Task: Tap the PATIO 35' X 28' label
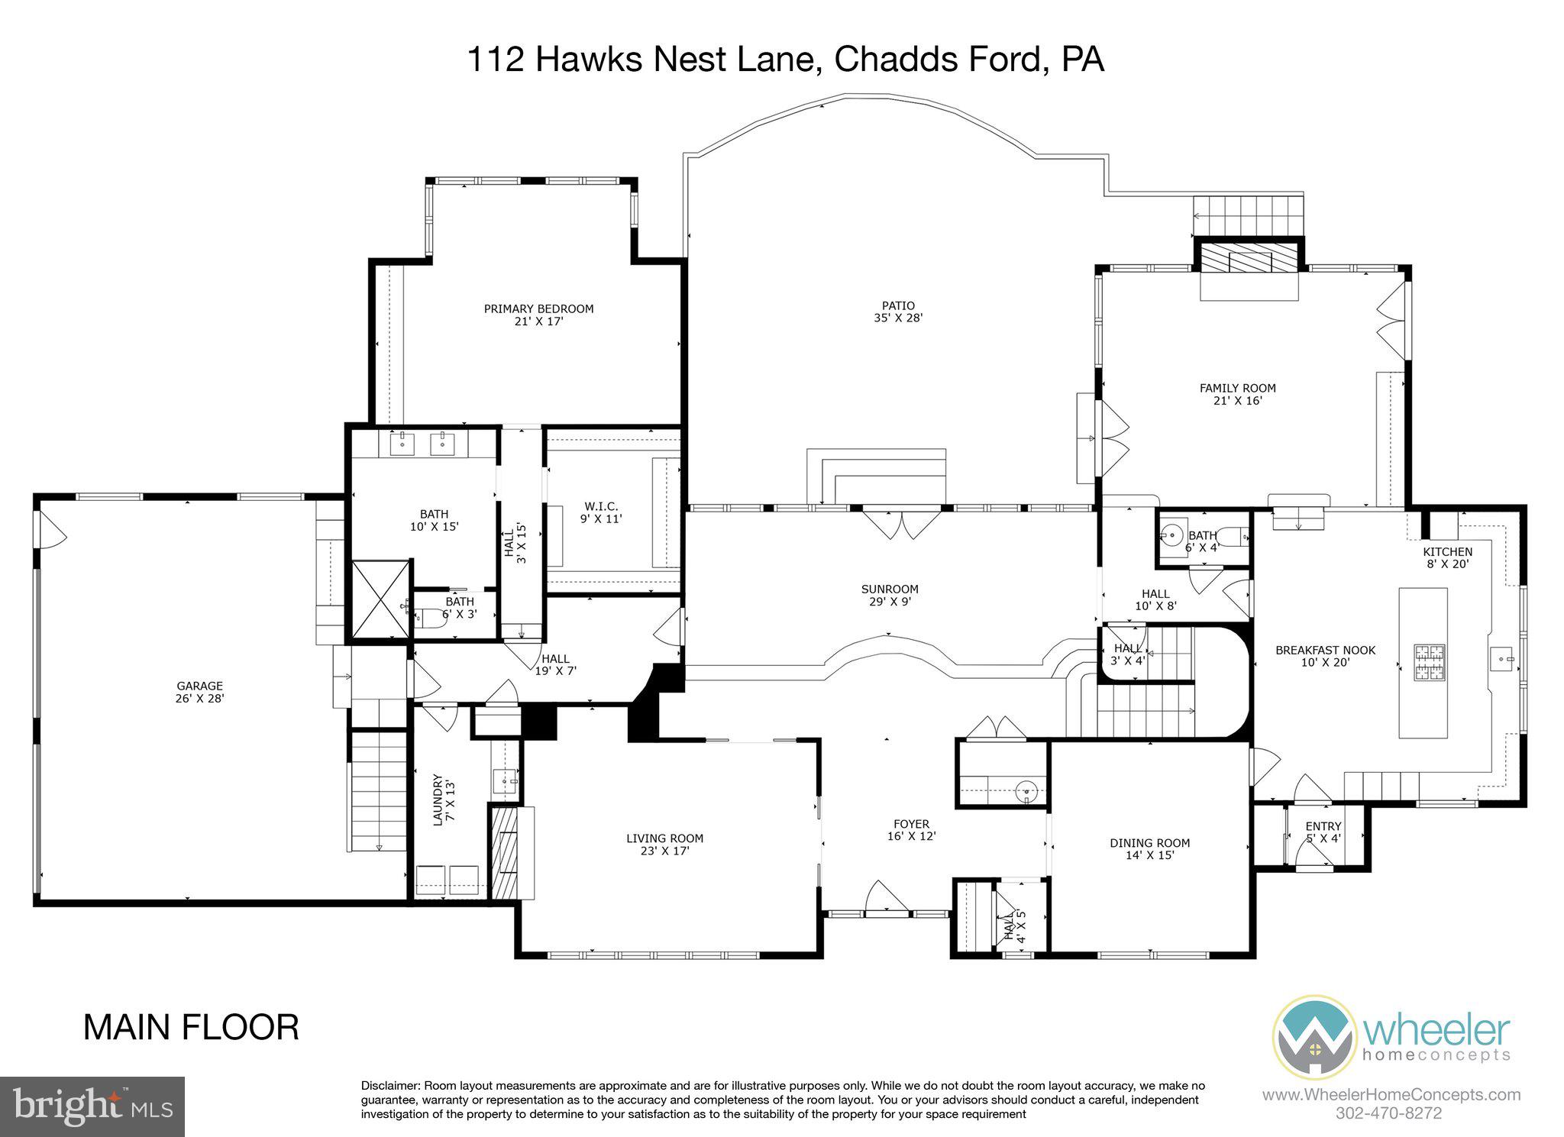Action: pos(898,312)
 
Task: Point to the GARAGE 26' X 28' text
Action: pos(200,692)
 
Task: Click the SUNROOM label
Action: pos(890,595)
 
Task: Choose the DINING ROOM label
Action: pos(1149,849)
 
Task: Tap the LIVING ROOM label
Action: pos(664,844)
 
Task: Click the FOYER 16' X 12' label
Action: pos(911,830)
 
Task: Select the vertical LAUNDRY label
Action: pos(444,799)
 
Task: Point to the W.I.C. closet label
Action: pos(601,512)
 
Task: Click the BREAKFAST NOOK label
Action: pos(1325,656)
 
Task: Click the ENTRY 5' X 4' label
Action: pos(1323,832)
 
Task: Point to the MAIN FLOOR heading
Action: pos(191,1027)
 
